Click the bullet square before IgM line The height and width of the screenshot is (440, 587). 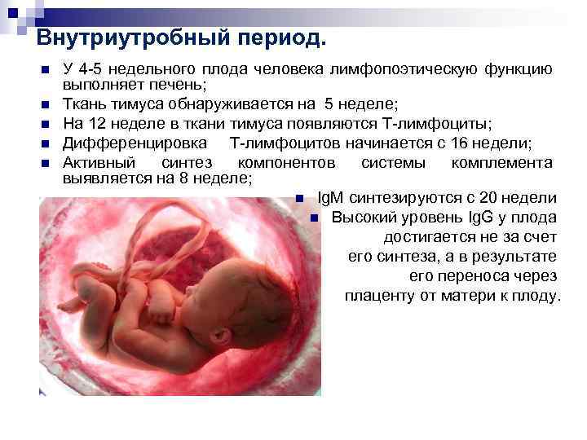pyautogui.click(x=300, y=199)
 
